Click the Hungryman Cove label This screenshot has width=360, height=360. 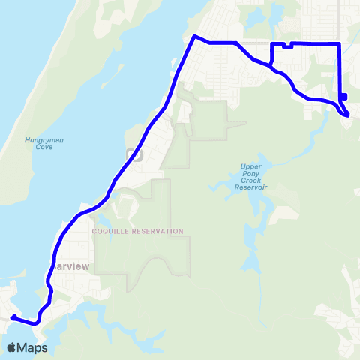click(38, 143)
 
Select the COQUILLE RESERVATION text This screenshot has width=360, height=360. click(137, 231)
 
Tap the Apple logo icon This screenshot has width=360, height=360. click(11, 347)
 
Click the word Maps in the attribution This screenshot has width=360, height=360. click(34, 347)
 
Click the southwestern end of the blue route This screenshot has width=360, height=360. click(13, 318)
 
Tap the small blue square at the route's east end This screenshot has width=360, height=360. click(343, 96)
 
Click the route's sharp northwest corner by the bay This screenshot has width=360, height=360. click(194, 37)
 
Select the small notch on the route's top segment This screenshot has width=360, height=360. click(288, 46)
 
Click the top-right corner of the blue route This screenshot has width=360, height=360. click(340, 44)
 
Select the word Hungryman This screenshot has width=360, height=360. click(38, 139)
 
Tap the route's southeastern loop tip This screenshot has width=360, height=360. click(347, 115)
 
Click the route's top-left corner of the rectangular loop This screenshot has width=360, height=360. click(271, 45)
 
